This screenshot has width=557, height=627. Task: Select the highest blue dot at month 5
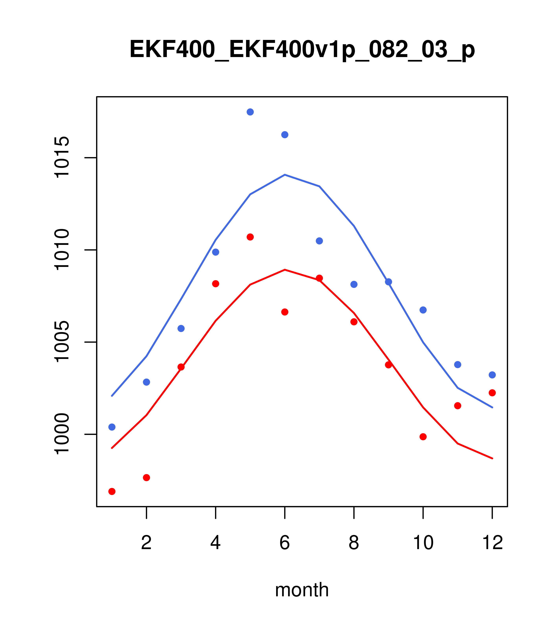tap(250, 112)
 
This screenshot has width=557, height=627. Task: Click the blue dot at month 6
tap(285, 135)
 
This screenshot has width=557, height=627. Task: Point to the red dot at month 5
tap(250, 237)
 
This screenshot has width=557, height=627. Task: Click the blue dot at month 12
tap(492, 375)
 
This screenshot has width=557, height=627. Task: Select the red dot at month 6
tap(285, 312)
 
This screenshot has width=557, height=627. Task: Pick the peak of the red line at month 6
tap(285, 270)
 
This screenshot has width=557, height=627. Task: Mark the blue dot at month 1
tap(112, 427)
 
